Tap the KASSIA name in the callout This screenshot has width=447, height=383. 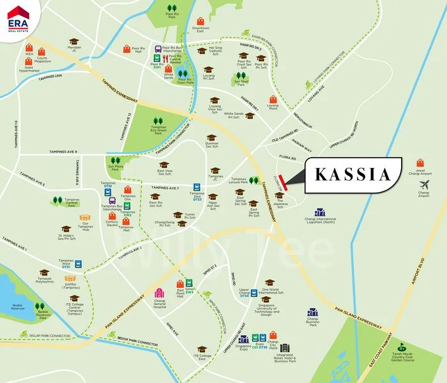click(352, 174)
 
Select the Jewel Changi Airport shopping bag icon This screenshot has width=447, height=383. click(420, 163)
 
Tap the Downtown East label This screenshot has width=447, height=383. click(201, 30)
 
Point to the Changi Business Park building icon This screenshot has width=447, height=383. click(312, 312)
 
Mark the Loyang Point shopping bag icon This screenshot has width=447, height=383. click(273, 100)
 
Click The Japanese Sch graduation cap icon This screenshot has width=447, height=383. click(279, 195)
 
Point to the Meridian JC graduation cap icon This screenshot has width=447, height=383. click(75, 41)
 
